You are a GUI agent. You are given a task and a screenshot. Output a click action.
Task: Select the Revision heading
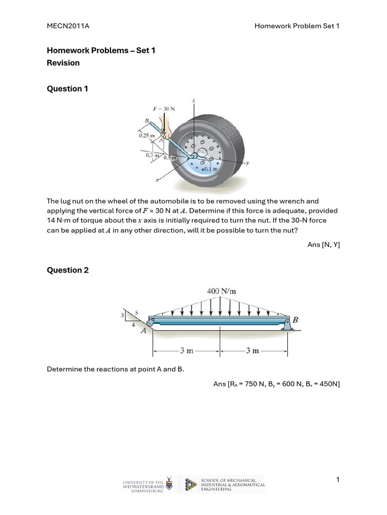click(x=63, y=63)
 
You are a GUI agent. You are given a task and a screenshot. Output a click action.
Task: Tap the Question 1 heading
click(x=68, y=89)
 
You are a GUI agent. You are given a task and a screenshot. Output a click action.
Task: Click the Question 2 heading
click(x=68, y=270)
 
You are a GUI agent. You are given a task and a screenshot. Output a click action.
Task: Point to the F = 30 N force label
click(x=164, y=109)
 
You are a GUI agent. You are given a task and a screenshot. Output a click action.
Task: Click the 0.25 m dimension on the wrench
click(x=147, y=135)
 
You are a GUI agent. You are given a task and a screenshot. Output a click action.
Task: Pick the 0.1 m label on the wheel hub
click(x=210, y=169)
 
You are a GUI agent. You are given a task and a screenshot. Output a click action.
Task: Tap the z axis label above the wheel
click(x=193, y=102)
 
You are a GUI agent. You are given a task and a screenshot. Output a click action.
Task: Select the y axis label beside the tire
click(x=247, y=163)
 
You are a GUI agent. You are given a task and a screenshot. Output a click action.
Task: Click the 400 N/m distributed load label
click(x=221, y=291)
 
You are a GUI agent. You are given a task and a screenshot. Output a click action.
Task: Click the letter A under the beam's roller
click(x=143, y=330)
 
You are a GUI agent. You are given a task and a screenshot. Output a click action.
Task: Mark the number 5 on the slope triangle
click(x=135, y=313)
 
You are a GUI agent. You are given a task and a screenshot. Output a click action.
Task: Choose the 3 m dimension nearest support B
click(x=252, y=351)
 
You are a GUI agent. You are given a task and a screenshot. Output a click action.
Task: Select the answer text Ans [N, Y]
click(x=324, y=244)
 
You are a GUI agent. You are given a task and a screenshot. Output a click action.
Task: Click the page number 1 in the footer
click(x=338, y=480)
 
